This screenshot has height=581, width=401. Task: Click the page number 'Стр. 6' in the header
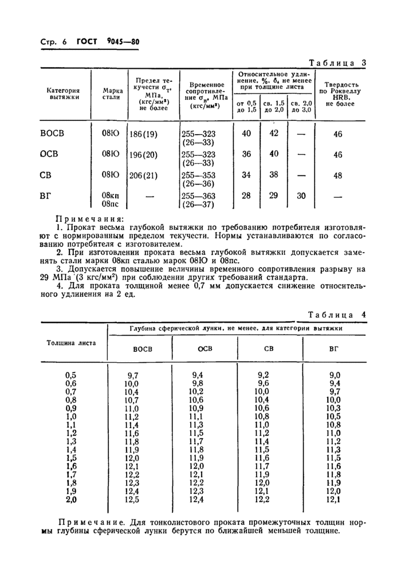point(53,42)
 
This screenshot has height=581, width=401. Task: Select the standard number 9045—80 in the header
point(123,41)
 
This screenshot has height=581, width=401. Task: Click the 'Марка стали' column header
point(112,93)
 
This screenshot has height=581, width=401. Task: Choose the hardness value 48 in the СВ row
point(337,175)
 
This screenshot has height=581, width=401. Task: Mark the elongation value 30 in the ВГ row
point(301,195)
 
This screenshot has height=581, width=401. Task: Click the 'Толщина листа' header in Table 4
point(71,343)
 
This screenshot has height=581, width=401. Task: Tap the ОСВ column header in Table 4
point(205,349)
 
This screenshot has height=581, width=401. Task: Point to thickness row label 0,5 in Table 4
point(71,375)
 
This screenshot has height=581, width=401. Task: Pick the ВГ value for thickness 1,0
point(333,417)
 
